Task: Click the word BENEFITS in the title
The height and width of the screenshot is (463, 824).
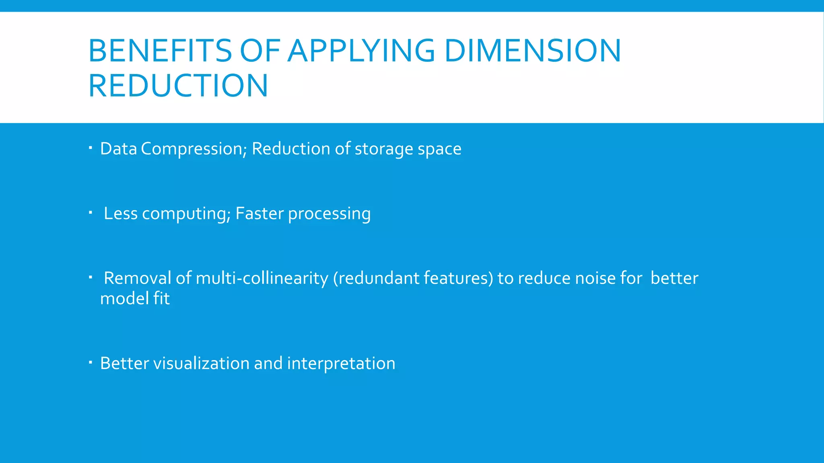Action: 160,51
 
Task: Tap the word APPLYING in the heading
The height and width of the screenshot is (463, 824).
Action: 361,51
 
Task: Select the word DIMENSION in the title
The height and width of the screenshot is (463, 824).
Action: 533,51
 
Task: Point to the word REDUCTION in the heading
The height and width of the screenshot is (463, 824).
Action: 178,86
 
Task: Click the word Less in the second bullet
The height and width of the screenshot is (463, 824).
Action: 121,214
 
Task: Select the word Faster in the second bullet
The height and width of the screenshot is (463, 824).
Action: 260,214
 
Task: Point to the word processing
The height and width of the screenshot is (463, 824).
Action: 329,214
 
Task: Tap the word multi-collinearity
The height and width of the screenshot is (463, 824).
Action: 262,278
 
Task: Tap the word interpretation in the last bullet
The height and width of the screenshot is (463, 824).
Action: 341,363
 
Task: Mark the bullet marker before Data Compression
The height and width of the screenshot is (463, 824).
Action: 91,148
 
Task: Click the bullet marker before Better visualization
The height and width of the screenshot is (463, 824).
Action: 91,363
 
